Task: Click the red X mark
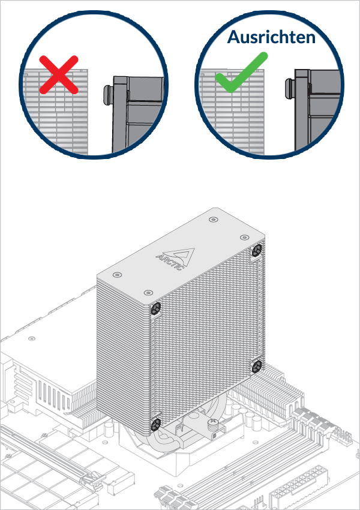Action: (59, 74)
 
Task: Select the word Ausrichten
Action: (271, 37)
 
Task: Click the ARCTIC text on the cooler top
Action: (167, 262)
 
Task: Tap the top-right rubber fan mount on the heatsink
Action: (257, 251)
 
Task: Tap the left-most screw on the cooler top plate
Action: (115, 275)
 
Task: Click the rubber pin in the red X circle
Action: (107, 95)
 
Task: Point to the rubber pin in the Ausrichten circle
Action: (288, 94)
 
